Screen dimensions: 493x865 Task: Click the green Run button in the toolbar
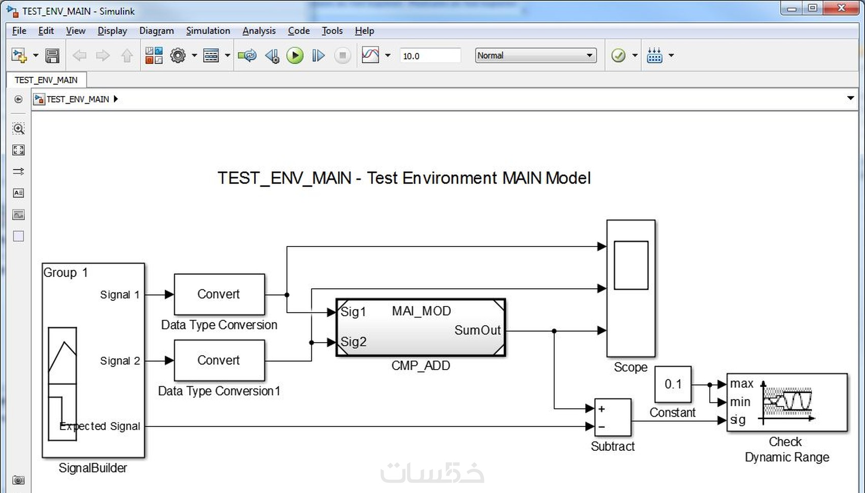pyautogui.click(x=295, y=55)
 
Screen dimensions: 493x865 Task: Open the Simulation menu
pyautogui.click(x=208, y=30)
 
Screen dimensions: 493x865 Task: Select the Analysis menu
pyautogui.click(x=258, y=30)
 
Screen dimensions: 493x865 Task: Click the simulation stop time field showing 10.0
pyautogui.click(x=429, y=56)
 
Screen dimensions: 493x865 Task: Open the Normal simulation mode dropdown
pyautogui.click(x=535, y=55)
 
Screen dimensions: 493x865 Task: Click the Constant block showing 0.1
pyautogui.click(x=673, y=384)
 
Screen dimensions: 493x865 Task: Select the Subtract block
pyautogui.click(x=613, y=417)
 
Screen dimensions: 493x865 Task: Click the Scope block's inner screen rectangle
pyautogui.click(x=631, y=265)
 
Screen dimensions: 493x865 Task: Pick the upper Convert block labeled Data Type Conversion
pyautogui.click(x=219, y=294)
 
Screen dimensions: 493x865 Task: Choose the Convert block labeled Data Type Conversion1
pyautogui.click(x=219, y=360)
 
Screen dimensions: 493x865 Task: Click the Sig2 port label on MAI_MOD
pyautogui.click(x=354, y=342)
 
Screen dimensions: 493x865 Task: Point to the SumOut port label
pyautogui.click(x=477, y=330)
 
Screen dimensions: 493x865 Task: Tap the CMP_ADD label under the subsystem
pyautogui.click(x=420, y=366)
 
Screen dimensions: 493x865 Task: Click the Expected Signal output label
pyautogui.click(x=100, y=426)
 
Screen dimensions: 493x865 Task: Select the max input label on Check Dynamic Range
pyautogui.click(x=741, y=384)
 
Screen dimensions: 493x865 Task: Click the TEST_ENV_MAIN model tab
pyautogui.click(x=46, y=80)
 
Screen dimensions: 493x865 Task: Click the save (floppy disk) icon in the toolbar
pyautogui.click(x=52, y=55)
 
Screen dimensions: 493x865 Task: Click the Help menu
pyautogui.click(x=364, y=30)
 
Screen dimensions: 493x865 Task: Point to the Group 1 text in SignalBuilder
pyautogui.click(x=65, y=273)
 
